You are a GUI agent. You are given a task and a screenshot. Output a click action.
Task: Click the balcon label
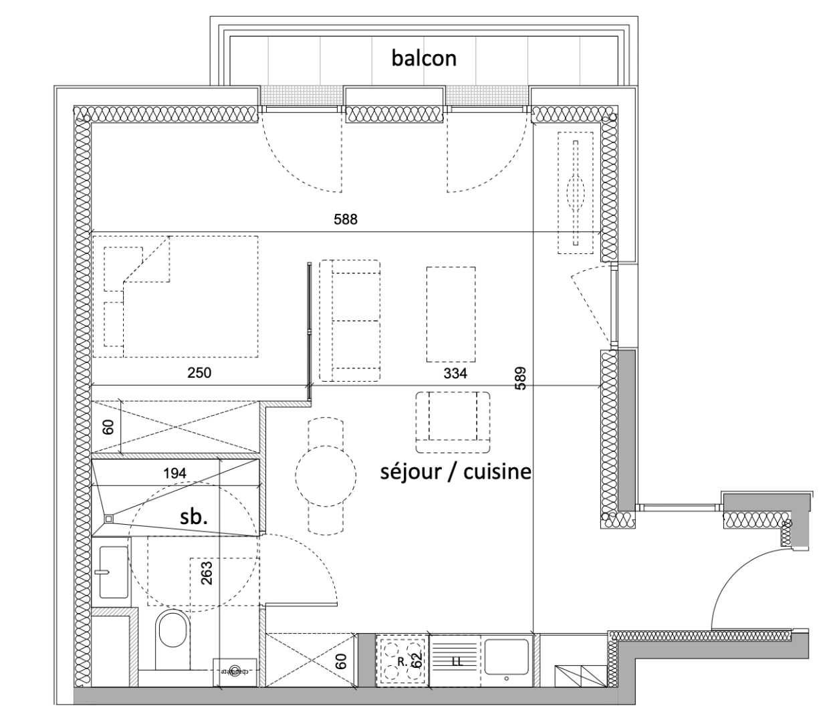point(424,58)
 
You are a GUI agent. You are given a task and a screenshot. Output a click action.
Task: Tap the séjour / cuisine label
point(456,471)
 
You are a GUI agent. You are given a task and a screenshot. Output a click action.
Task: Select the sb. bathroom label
point(195,517)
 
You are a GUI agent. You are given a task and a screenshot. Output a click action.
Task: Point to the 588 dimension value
point(346,219)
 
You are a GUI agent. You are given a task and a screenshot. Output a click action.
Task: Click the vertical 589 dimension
point(521,378)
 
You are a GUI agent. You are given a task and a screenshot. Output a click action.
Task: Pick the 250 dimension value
point(199,372)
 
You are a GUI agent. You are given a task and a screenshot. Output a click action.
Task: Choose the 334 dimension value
point(455,373)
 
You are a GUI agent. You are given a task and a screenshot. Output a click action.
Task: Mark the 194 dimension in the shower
point(175,473)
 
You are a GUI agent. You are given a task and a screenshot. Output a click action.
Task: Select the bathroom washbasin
point(114,572)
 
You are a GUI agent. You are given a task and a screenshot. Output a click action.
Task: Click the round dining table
point(325,476)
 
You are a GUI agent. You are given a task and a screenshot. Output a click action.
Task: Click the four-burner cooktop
point(402,660)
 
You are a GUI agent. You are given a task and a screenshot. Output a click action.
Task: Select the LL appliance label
point(457,662)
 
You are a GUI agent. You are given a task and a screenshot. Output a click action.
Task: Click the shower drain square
point(108,517)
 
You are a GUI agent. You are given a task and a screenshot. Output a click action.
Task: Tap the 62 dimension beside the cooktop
point(417,660)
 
